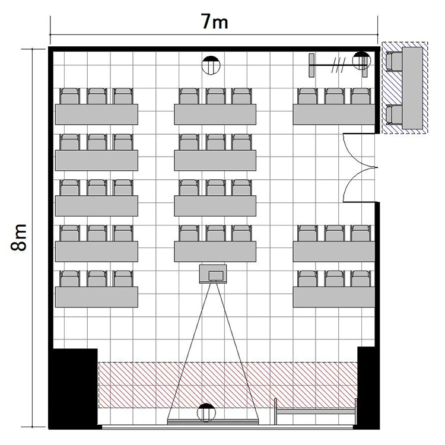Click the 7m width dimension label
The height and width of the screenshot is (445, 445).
click(215, 22)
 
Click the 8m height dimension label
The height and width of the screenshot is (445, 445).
click(19, 237)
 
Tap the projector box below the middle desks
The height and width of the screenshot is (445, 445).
click(213, 274)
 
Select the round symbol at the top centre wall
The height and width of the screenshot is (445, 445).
click(211, 65)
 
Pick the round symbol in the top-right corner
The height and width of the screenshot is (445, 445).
click(361, 61)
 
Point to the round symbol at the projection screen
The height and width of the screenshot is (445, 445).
click(206, 412)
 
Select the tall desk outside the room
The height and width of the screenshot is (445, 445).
click(412, 88)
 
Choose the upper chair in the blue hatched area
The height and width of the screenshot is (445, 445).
click(394, 62)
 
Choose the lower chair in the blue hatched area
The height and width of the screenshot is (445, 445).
click(394, 115)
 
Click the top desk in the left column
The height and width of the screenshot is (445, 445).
click(97, 115)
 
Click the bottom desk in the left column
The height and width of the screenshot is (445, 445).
click(97, 297)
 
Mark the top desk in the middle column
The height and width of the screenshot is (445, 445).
click(215, 115)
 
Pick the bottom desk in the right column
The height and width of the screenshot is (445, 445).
click(334, 297)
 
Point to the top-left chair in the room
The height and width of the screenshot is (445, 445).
click(70, 96)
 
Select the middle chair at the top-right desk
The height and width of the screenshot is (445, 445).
click(334, 96)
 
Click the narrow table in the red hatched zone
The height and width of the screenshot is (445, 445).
click(315, 411)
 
